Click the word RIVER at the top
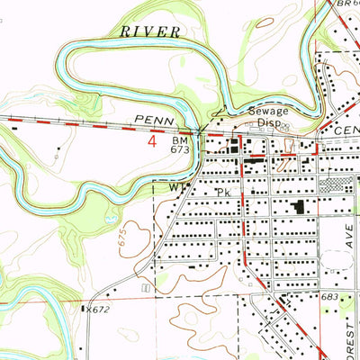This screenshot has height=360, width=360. [x=149, y=31]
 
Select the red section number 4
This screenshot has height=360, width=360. [x=152, y=141]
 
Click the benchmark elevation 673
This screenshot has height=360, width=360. [x=181, y=151]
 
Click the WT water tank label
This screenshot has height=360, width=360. [x=176, y=189]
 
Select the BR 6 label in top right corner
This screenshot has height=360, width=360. [x=346, y=4]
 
